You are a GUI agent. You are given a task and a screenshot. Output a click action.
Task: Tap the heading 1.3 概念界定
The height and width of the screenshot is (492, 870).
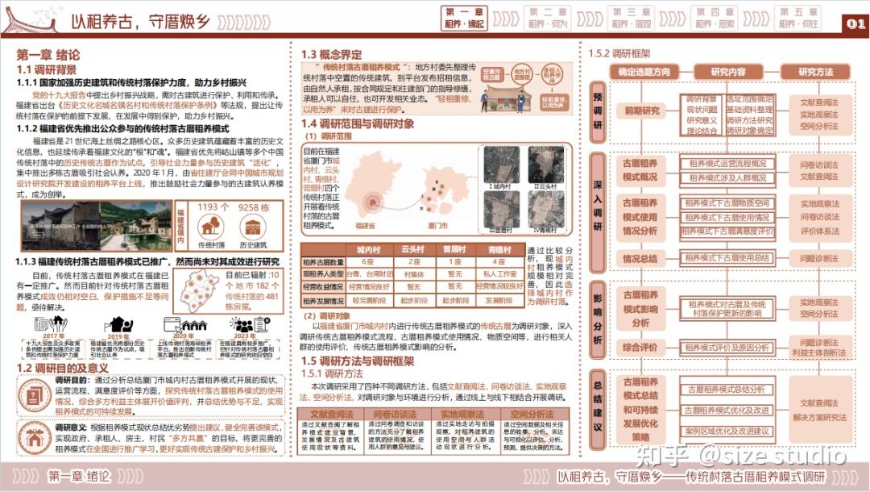click(x=331, y=54)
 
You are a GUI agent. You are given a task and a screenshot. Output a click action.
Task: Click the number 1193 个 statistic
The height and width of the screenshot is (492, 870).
click(x=213, y=207)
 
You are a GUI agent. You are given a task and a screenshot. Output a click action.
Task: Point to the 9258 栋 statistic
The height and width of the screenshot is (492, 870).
click(x=254, y=207)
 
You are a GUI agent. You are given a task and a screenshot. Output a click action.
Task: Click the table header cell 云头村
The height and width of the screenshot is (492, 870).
click(x=412, y=250)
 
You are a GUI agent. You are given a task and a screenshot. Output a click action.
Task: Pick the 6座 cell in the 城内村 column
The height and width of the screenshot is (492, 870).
click(x=367, y=261)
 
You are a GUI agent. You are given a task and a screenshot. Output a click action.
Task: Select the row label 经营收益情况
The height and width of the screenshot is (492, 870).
click(x=322, y=286)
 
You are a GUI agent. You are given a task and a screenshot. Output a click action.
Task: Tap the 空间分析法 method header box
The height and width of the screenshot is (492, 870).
click(x=532, y=414)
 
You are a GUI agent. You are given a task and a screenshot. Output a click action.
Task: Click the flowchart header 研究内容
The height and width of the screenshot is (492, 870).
click(x=728, y=72)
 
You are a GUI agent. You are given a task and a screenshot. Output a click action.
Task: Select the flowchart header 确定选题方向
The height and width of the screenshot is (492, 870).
click(x=644, y=72)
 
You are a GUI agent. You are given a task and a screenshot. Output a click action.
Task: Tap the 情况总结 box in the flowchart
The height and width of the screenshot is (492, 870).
click(x=641, y=259)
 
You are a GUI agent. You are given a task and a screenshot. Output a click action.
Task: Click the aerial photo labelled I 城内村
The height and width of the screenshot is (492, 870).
click(x=500, y=165)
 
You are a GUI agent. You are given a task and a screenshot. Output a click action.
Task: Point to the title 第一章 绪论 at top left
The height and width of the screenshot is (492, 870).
click(x=48, y=56)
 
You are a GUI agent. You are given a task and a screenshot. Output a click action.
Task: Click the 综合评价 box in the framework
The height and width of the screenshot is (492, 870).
click(x=641, y=347)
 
